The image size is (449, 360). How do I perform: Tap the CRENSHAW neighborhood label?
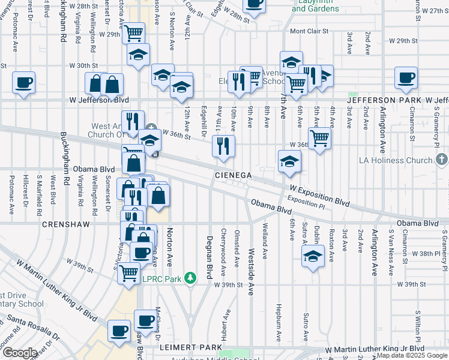point(66,224)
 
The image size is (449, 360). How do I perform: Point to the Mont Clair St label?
point(309,31)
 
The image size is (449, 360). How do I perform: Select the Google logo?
point(19,353)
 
